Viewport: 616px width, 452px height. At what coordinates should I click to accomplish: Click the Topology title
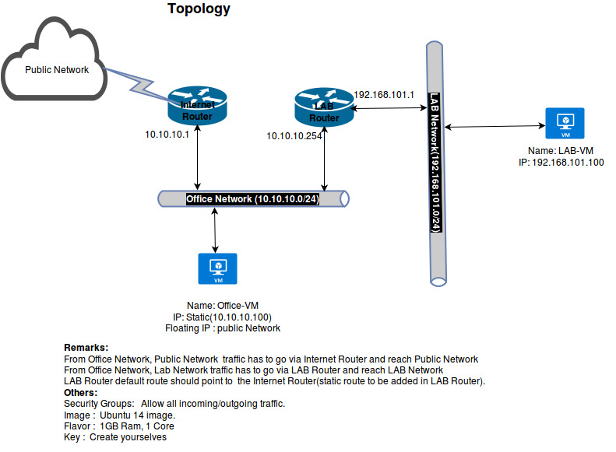[x=199, y=9]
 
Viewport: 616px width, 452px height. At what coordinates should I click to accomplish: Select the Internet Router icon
[x=197, y=106]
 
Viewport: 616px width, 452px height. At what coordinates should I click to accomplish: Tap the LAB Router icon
[x=324, y=107]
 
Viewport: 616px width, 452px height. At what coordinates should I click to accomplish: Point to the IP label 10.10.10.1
[x=167, y=135]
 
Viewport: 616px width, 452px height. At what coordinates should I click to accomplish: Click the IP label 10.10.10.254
[x=294, y=136]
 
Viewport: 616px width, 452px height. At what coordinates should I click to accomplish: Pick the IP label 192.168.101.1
[x=383, y=95]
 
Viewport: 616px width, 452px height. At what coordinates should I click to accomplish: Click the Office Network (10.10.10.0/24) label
[x=252, y=199]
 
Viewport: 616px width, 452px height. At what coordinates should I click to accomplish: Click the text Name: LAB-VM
[x=560, y=150]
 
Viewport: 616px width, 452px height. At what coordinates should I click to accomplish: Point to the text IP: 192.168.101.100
[x=561, y=163]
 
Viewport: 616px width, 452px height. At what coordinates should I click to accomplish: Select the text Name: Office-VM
[x=222, y=305]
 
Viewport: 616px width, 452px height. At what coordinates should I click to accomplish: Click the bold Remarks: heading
[x=86, y=347]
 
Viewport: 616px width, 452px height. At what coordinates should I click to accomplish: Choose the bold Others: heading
[x=81, y=393]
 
